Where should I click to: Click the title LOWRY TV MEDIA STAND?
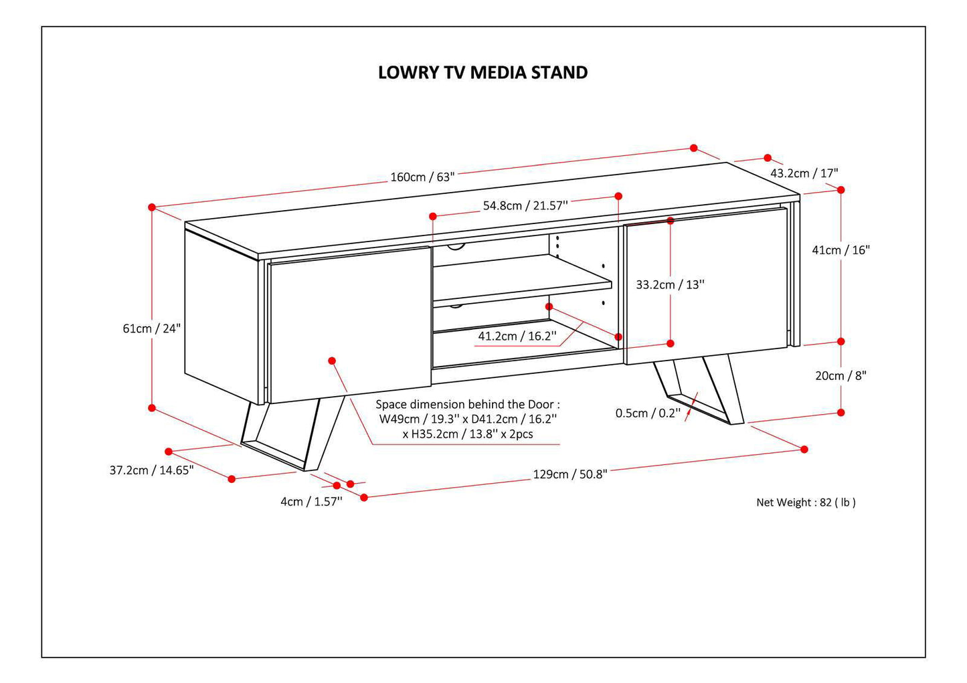coord(482,72)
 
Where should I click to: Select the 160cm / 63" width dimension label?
coord(422,177)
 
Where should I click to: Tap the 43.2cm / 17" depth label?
coord(804,173)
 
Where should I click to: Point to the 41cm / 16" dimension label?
coord(840,250)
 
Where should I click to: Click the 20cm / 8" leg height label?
coord(840,376)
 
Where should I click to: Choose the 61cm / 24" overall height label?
coord(152,328)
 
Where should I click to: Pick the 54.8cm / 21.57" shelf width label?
coord(525,206)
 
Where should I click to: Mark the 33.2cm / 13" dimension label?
coord(670,285)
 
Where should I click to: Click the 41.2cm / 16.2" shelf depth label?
coord(517,336)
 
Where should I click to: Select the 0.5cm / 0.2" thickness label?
coord(648,413)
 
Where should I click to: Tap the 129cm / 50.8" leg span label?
coord(569,474)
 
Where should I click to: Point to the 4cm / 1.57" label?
coord(311,502)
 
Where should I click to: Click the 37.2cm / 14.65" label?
coord(152,470)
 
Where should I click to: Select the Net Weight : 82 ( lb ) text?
coord(806,502)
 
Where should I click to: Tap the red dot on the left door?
coord(332,361)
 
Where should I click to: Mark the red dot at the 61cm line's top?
coord(152,207)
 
